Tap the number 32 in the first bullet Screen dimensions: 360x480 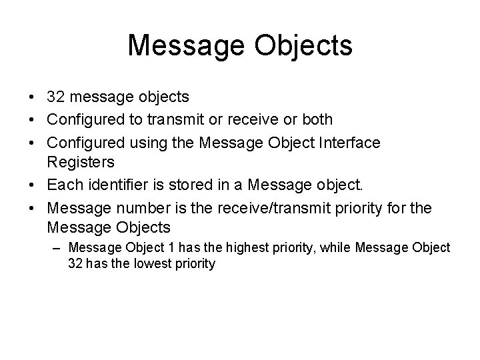(x=56, y=97)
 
